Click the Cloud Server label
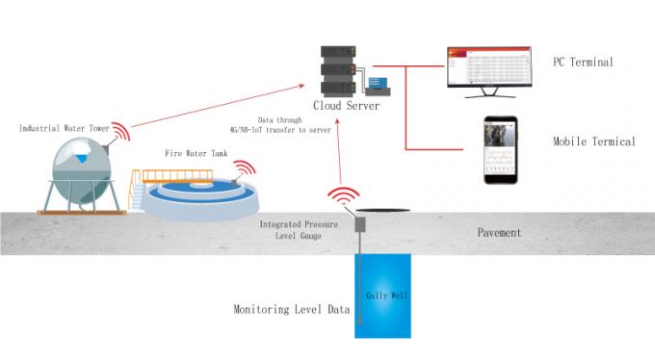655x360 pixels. point(347,105)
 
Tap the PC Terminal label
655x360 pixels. point(583,62)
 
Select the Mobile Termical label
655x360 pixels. point(593,141)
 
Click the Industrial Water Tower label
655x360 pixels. point(64,127)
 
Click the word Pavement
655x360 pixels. point(500,233)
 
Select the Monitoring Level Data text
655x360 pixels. point(291,310)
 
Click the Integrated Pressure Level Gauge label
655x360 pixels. point(299,229)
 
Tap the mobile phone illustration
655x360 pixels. point(500,151)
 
